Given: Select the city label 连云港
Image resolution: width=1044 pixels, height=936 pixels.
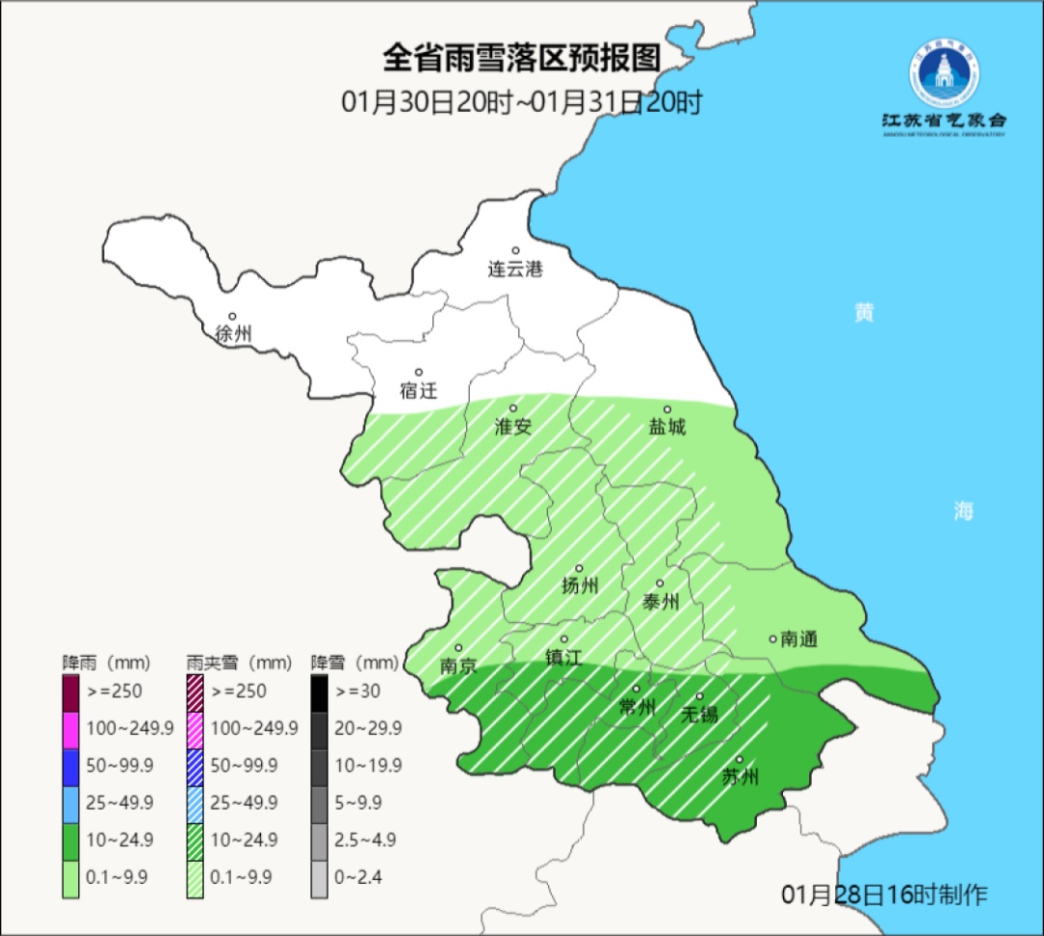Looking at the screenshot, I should [x=515, y=269].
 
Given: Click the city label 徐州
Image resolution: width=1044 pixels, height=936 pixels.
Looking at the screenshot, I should [x=233, y=334].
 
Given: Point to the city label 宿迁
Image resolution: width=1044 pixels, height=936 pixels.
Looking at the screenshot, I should [x=419, y=390].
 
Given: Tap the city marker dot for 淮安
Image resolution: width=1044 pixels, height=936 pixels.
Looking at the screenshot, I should [x=513, y=409].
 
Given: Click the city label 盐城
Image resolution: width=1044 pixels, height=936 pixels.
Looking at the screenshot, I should [x=667, y=426].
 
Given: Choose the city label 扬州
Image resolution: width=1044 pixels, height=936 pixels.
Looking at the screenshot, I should [x=580, y=585].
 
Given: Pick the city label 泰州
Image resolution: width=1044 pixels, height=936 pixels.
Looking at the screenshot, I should [x=660, y=602].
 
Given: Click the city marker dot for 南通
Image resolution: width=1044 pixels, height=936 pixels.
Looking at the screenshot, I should [x=772, y=638].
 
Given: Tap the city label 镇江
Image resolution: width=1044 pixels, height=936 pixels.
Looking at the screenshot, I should [x=564, y=657].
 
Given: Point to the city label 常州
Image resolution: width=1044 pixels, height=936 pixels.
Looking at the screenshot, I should [x=637, y=707].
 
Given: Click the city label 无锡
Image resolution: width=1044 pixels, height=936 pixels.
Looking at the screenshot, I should [x=700, y=714].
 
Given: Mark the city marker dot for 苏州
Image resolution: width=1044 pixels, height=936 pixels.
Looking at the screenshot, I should [x=739, y=760].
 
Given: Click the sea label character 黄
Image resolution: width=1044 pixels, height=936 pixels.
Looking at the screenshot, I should [x=863, y=313].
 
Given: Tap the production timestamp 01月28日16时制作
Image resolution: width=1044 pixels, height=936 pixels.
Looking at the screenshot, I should [x=884, y=894].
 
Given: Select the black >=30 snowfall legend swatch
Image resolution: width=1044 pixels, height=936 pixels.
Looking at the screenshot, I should [x=320, y=692].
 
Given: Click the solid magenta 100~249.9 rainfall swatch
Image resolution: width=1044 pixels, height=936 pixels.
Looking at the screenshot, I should [x=71, y=728].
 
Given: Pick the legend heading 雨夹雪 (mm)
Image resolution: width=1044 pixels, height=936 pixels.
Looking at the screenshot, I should [x=239, y=663].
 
